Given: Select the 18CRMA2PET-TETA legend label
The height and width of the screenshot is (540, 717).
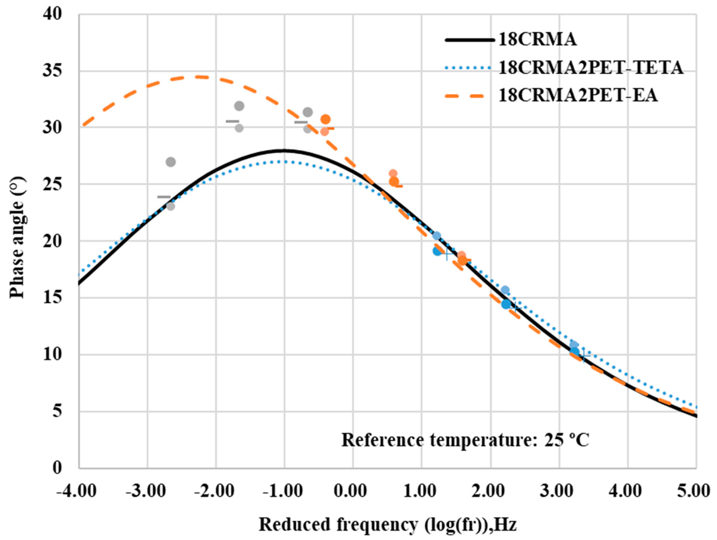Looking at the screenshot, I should [x=591, y=68].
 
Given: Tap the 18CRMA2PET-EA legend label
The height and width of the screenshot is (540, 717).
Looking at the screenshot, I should [x=578, y=96].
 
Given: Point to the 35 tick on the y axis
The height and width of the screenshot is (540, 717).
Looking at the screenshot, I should [x=52, y=71].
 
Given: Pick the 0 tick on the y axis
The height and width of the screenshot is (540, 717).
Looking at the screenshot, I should [x=58, y=468].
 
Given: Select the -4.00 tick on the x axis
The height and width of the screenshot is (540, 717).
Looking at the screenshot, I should [x=77, y=492].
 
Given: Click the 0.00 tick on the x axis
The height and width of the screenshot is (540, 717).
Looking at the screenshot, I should [x=353, y=492].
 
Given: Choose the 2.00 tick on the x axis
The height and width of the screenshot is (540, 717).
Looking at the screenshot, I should [x=490, y=492].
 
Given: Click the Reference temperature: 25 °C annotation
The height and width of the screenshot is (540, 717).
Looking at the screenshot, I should [x=465, y=440].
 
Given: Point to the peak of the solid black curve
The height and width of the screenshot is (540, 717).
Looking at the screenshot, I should [x=285, y=150].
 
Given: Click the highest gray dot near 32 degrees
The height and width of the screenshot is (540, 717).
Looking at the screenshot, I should [x=239, y=106].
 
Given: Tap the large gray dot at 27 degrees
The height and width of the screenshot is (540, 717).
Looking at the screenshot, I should [x=171, y=162].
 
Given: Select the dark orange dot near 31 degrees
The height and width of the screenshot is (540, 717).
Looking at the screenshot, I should [x=326, y=119].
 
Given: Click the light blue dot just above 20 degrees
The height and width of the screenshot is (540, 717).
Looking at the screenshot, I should [x=436, y=236].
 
